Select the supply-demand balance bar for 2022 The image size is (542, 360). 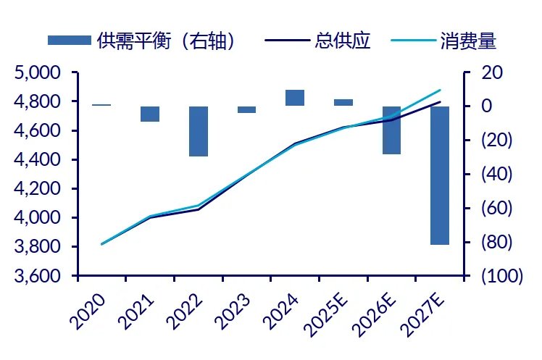click(x=199, y=131)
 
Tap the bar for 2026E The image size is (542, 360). click(x=391, y=130)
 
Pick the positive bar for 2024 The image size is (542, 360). click(x=295, y=98)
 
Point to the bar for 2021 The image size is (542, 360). click(x=150, y=114)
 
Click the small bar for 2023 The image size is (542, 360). click(x=246, y=109)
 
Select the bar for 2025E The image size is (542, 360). click(x=343, y=102)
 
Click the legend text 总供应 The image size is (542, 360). click(x=343, y=41)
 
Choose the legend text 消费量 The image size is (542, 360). click(x=468, y=41)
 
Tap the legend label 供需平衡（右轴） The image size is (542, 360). click(x=167, y=41)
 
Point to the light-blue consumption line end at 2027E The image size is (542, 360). click(x=440, y=91)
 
